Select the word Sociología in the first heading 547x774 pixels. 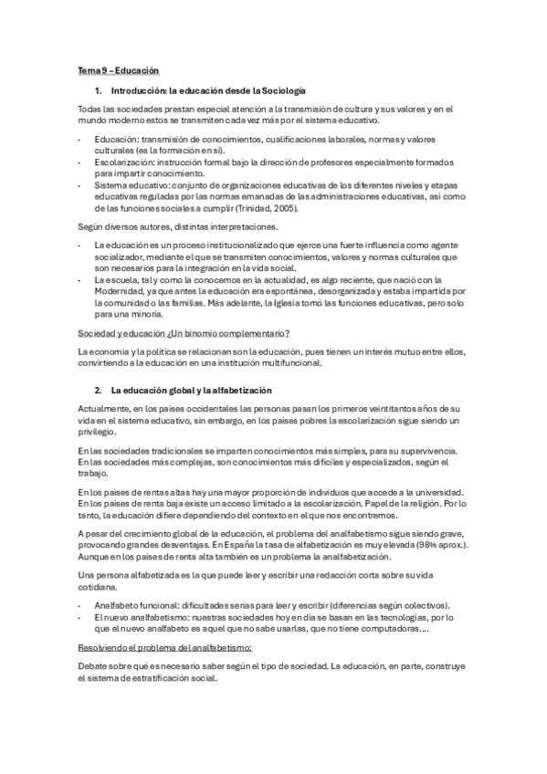point(283,91)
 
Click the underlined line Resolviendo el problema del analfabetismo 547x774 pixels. point(158,647)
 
